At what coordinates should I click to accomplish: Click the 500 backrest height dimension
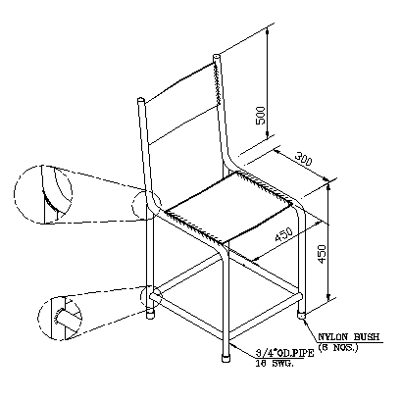coord(261,115)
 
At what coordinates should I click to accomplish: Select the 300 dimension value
coord(304,159)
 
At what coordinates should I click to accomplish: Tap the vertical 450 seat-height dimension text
coord(322,254)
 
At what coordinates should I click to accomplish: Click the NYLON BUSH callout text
coord(349,337)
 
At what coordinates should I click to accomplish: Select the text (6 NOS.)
coord(338,348)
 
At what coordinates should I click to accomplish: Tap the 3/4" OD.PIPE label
coord(284,353)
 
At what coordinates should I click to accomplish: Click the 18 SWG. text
coord(275,364)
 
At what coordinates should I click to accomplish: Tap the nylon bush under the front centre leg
coord(224,357)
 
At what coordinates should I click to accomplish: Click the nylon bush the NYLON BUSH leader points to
coord(302,316)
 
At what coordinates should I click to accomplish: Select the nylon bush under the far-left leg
coord(151,314)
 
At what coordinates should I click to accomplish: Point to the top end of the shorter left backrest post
coord(141,99)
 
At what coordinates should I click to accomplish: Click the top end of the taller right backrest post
coord(217,57)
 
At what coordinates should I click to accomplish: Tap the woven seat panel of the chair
coord(228,209)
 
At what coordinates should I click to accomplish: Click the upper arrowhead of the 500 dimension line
coord(268,32)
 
